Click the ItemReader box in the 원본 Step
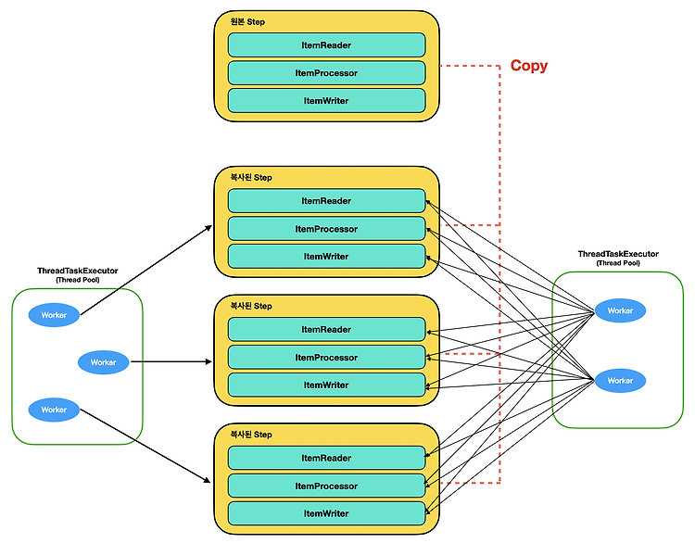(x=327, y=44)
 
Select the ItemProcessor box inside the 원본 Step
(x=327, y=72)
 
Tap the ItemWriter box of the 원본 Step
(x=327, y=101)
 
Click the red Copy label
(x=529, y=66)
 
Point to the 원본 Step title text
(x=247, y=21)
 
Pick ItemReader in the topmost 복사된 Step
(x=327, y=201)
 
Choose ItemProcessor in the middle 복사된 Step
(x=327, y=358)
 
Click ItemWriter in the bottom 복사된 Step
(x=327, y=513)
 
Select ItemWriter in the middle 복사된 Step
(x=327, y=385)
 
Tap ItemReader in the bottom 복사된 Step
(x=327, y=458)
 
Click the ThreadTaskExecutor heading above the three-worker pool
(x=78, y=271)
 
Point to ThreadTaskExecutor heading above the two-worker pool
(x=618, y=254)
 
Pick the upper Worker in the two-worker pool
(x=620, y=310)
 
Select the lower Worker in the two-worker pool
(x=620, y=380)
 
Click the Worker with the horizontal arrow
(x=103, y=362)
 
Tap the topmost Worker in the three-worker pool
(x=54, y=315)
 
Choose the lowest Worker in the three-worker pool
(x=54, y=410)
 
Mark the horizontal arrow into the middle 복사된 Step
(x=171, y=361)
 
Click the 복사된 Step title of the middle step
(x=251, y=306)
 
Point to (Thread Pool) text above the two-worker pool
(x=618, y=263)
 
